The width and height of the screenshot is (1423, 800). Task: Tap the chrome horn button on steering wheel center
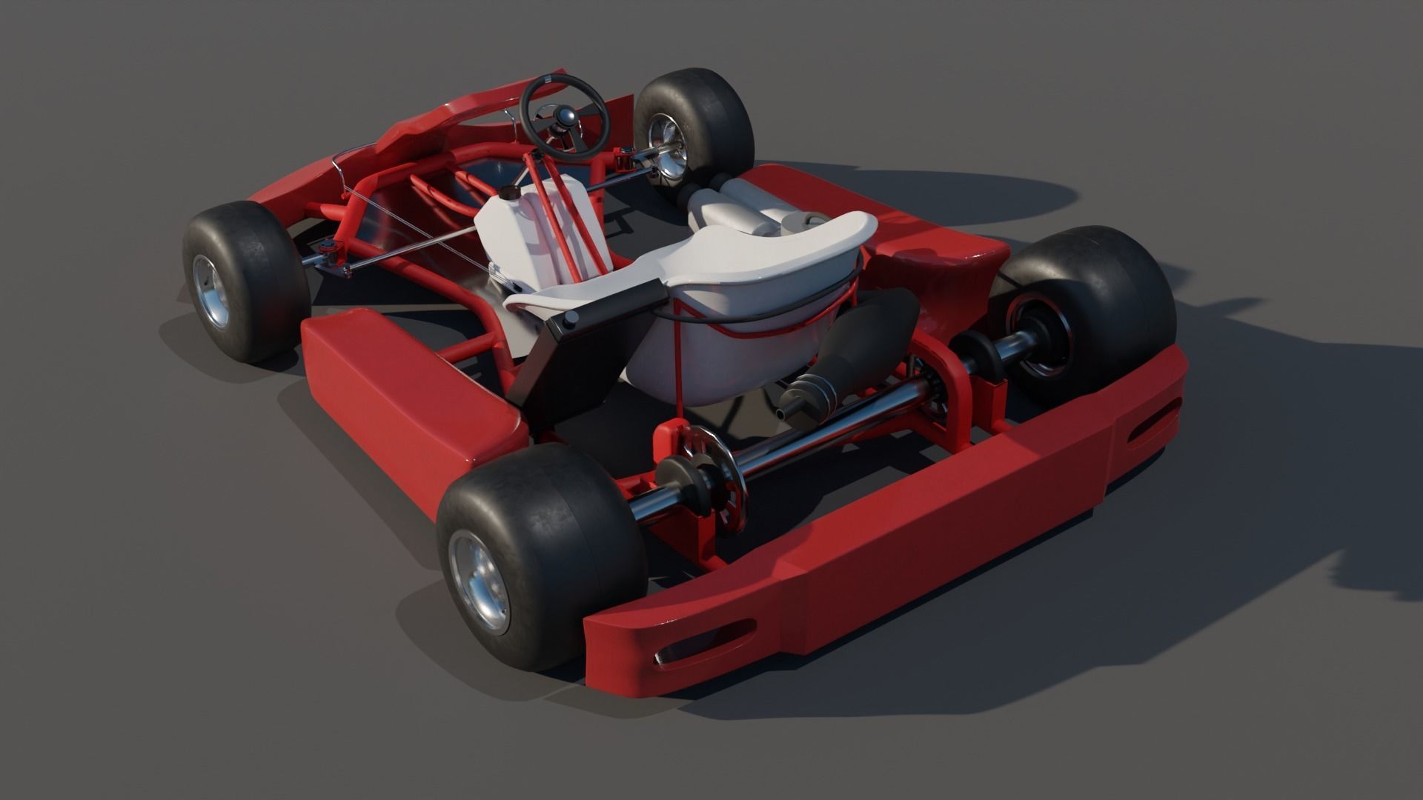click(x=567, y=116)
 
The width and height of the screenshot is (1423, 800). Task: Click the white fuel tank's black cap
click(x=508, y=193)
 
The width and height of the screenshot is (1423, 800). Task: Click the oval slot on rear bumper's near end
click(x=704, y=644)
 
